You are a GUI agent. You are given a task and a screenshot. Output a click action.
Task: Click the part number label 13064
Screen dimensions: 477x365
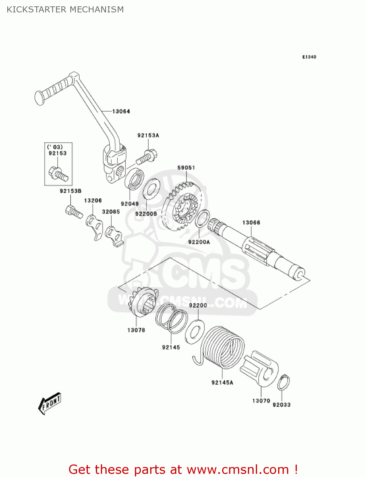121,111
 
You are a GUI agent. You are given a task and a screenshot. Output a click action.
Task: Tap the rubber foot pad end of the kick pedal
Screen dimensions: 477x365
39,98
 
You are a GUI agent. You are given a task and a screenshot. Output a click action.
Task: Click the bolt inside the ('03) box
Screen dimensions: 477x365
59,173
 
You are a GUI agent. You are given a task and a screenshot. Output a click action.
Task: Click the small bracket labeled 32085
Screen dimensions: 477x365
115,236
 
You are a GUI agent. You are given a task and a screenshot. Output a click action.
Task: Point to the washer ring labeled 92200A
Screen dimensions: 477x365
202,218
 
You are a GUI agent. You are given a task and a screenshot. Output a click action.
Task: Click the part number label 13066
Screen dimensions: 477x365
251,223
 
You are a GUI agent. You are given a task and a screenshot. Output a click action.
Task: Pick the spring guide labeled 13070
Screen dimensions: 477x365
260,369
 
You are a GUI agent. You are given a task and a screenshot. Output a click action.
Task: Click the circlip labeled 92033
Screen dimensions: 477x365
283,383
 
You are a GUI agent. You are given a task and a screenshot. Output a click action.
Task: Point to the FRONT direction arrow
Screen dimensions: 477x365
50,404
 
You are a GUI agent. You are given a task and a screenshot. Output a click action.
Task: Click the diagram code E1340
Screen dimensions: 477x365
309,57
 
